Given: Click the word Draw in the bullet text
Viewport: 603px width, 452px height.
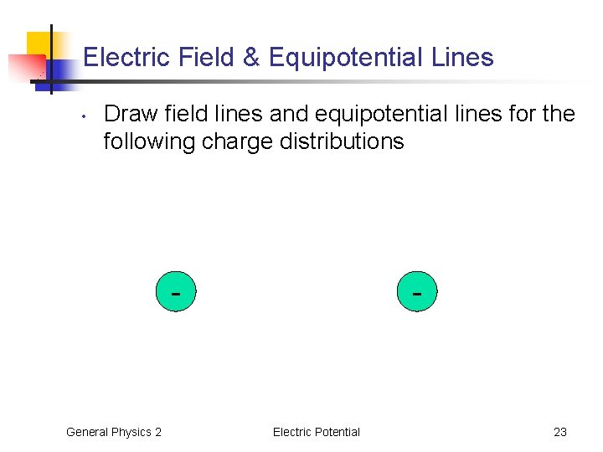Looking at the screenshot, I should [x=131, y=114].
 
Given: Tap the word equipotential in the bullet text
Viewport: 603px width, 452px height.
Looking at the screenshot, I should [x=401, y=114].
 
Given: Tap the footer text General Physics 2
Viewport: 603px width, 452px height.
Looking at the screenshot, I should [x=114, y=432].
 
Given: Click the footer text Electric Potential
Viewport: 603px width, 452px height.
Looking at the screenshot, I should [x=316, y=432].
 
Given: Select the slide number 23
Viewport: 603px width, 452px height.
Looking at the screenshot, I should [x=560, y=432].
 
